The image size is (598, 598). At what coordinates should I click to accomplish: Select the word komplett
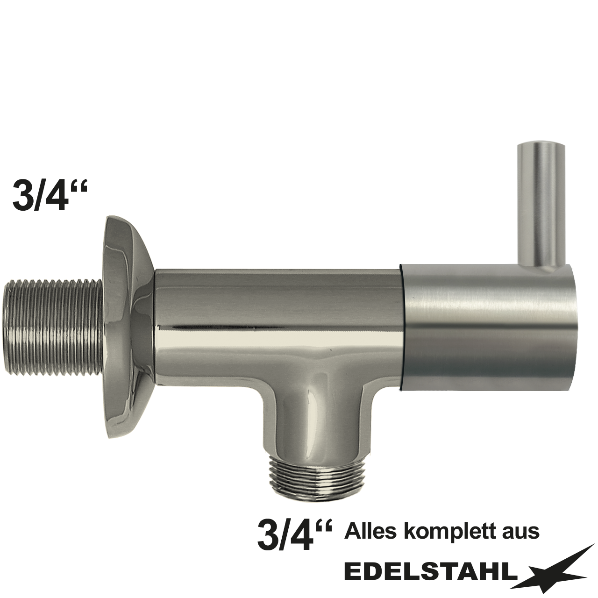coord(449,532)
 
